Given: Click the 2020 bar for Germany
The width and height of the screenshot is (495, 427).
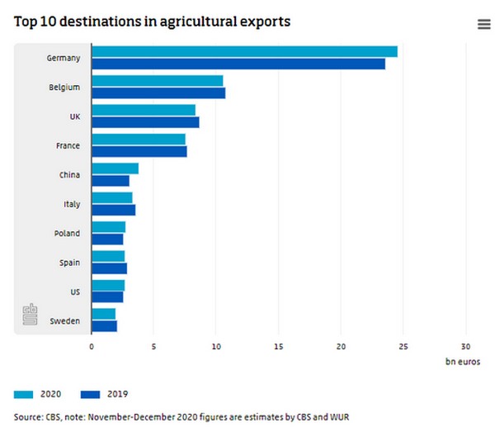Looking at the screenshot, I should [x=244, y=52].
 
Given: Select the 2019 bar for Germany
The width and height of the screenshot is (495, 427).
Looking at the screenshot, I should [x=238, y=64].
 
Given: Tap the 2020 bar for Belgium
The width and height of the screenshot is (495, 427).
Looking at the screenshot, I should [x=157, y=81].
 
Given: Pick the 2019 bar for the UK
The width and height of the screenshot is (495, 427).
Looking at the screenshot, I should [x=145, y=122].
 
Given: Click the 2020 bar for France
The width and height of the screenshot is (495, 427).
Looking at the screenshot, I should [x=139, y=140].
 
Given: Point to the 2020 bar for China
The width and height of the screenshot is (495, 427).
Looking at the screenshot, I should [x=115, y=168].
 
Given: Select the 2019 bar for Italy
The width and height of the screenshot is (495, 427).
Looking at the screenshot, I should [x=113, y=210].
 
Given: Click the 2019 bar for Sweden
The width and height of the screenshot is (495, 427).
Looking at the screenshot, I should [x=104, y=326].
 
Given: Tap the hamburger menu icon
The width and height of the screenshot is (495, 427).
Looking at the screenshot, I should [x=484, y=24].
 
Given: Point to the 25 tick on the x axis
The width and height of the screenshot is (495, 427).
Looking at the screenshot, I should [x=403, y=347].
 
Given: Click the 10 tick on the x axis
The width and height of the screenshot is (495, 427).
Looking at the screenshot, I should [x=216, y=347].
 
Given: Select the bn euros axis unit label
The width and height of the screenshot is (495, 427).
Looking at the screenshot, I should [x=462, y=361].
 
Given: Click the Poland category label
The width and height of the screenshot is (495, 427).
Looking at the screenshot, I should [x=67, y=234].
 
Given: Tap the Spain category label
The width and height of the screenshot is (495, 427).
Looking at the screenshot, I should [x=69, y=263].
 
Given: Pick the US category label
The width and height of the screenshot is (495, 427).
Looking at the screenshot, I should [x=74, y=292].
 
